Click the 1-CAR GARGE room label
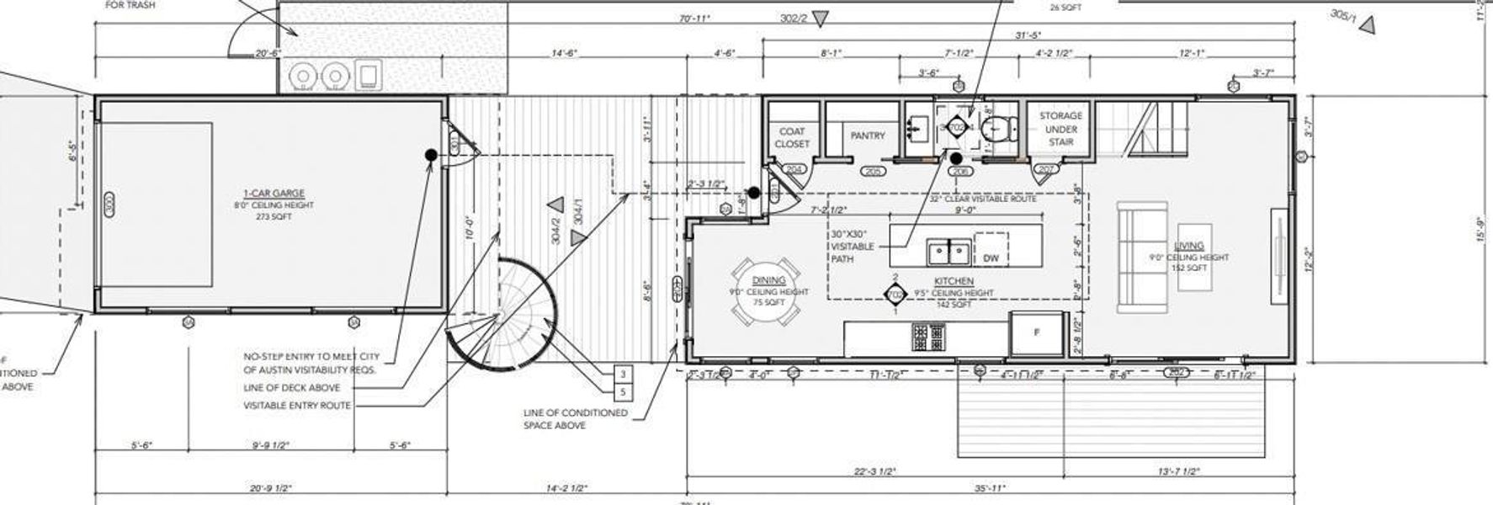pyautogui.click(x=273, y=194)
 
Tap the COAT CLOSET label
pyautogui.click(x=791, y=137)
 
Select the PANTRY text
pyautogui.click(x=867, y=136)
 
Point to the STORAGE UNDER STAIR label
pyautogui.click(x=1060, y=129)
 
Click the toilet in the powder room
pyautogui.click(x=997, y=128)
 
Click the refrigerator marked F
pyautogui.click(x=1036, y=332)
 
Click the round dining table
pyautogui.click(x=767, y=290)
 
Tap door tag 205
pyautogui.click(x=872, y=172)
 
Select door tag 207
pyautogui.click(x=1046, y=170)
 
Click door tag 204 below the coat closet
pyautogui.click(x=794, y=170)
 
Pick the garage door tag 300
pyautogui.click(x=109, y=204)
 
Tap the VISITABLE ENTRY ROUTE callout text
pyautogui.click(x=296, y=406)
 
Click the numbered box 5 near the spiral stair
pyautogui.click(x=622, y=392)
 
